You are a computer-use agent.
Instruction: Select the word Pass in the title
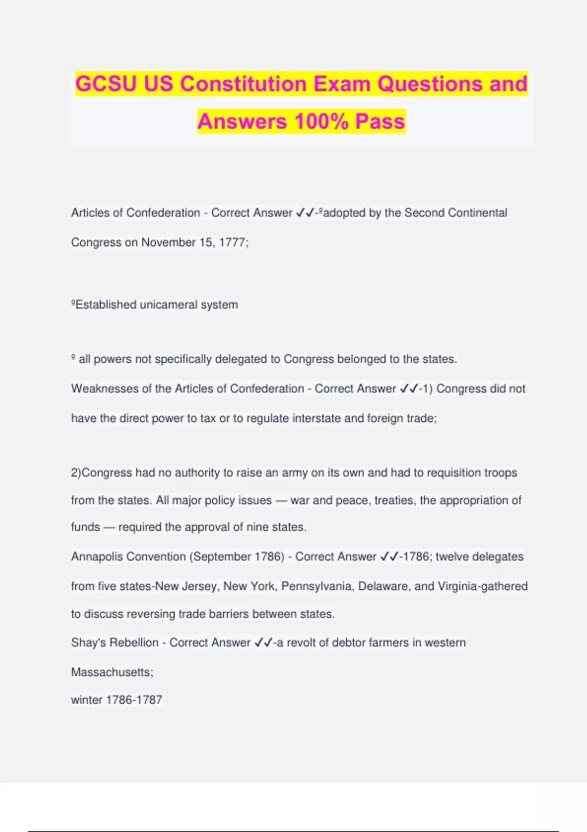[380, 121]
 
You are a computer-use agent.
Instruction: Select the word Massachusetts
[112, 672]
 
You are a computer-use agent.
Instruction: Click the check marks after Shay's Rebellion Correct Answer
[263, 643]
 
